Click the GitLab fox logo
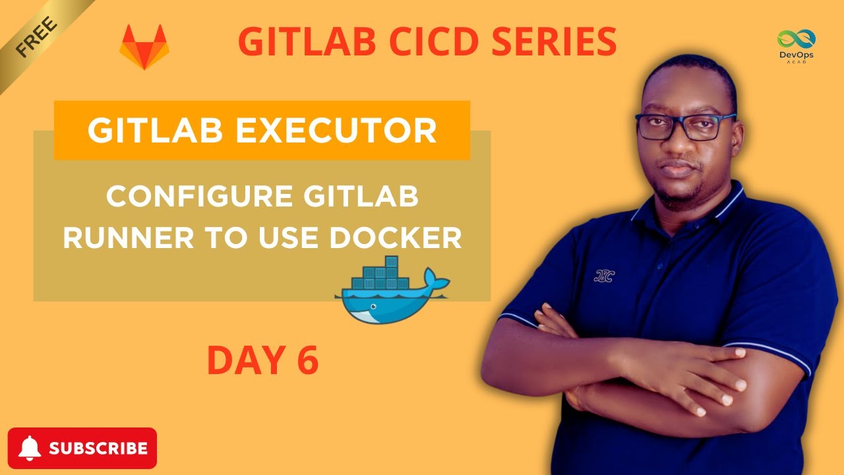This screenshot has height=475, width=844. (144, 48)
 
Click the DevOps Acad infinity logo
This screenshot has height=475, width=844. (796, 40)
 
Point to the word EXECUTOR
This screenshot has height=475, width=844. (336, 131)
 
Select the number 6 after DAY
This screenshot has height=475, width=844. (306, 360)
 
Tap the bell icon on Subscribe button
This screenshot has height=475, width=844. (30, 449)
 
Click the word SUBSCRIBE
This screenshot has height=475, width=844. (98, 449)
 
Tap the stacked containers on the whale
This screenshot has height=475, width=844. (382, 272)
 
